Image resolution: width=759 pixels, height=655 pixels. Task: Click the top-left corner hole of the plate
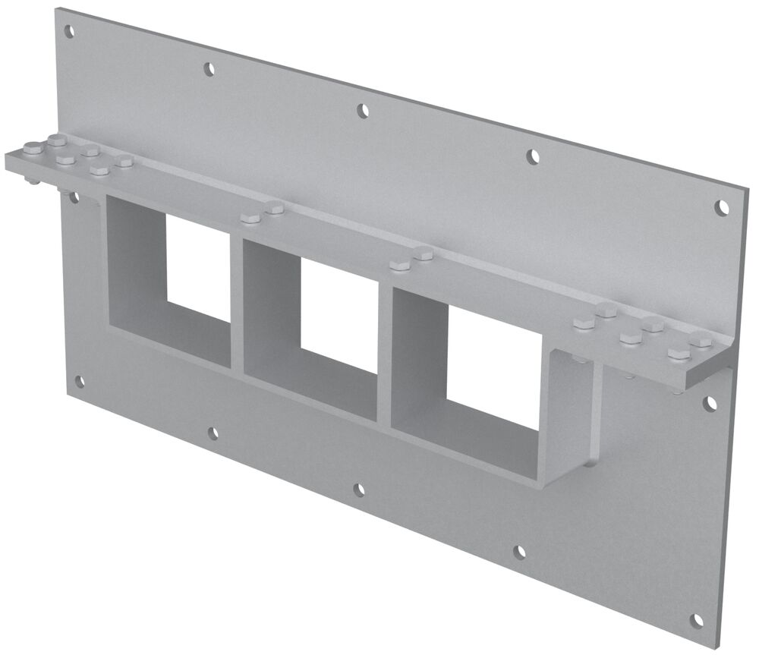coord(69,32)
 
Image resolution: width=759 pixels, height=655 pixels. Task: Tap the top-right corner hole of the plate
coord(723,206)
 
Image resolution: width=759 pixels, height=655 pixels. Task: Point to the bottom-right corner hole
coord(697,621)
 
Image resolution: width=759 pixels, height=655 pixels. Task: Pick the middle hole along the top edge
coord(364,111)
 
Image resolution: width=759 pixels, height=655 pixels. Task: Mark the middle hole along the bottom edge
coord(359,490)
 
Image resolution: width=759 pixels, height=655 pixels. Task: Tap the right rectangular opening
coord(493,364)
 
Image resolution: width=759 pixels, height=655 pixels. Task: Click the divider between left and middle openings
coord(236,304)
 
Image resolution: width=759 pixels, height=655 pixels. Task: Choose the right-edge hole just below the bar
coord(710,404)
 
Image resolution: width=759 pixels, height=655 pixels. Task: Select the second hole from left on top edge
coord(209,69)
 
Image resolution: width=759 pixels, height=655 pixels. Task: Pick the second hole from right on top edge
coord(534,156)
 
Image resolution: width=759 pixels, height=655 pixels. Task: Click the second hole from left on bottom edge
coord(213,433)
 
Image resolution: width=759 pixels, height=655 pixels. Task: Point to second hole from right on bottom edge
coord(519,552)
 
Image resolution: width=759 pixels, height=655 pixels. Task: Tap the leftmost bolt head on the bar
coord(33,150)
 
